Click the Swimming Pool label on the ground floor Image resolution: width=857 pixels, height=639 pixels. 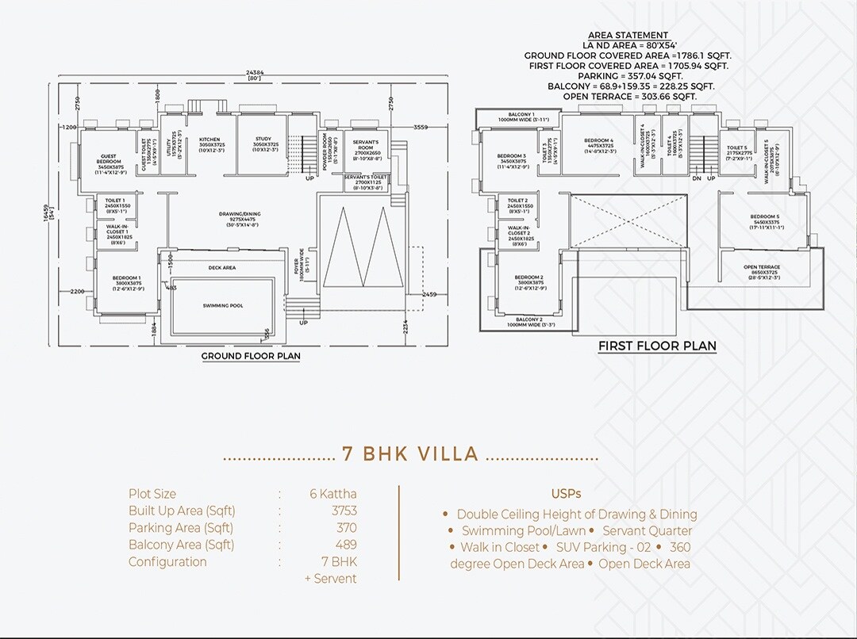pyautogui.click(x=222, y=305)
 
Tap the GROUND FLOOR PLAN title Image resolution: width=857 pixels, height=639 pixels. pyautogui.click(x=251, y=357)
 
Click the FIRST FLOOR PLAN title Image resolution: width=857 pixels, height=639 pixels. pyautogui.click(x=657, y=346)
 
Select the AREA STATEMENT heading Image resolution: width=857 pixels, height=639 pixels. pyautogui.click(x=628, y=36)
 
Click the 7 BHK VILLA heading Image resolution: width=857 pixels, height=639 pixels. pyautogui.click(x=410, y=454)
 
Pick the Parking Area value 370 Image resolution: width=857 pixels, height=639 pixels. pyautogui.click(x=346, y=527)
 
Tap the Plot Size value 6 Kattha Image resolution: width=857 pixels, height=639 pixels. pyautogui.click(x=332, y=494)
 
